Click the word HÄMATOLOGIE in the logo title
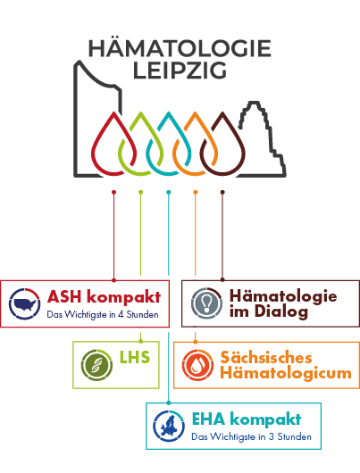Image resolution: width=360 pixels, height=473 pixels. pyautogui.click(x=180, y=48)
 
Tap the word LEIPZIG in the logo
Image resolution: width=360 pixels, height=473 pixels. pyautogui.click(x=180, y=71)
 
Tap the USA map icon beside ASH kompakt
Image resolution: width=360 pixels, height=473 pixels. pyautogui.click(x=24, y=303)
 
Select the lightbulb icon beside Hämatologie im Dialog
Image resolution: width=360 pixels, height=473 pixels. pyautogui.click(x=207, y=303)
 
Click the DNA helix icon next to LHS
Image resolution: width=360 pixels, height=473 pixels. pyautogui.click(x=97, y=365)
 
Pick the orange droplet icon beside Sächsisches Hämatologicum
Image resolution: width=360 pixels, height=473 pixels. pyautogui.click(x=197, y=365)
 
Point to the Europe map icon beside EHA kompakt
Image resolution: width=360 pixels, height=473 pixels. pyautogui.click(x=169, y=427)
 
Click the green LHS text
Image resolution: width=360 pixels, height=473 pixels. pyautogui.click(x=135, y=357)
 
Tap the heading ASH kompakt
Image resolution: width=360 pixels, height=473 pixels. pyautogui.click(x=104, y=297)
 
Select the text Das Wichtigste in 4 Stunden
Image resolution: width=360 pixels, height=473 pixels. pyautogui.click(x=103, y=315)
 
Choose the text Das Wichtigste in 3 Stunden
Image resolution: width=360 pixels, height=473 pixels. pyautogui.click(x=251, y=436)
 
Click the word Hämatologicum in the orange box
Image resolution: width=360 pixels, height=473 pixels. pyautogui.click(x=286, y=373)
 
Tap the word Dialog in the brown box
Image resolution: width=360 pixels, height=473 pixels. pyautogui.click(x=281, y=311)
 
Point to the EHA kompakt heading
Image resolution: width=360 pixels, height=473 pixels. pyautogui.click(x=247, y=419)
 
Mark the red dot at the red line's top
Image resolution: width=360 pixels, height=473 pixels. pyautogui.click(x=113, y=192)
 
